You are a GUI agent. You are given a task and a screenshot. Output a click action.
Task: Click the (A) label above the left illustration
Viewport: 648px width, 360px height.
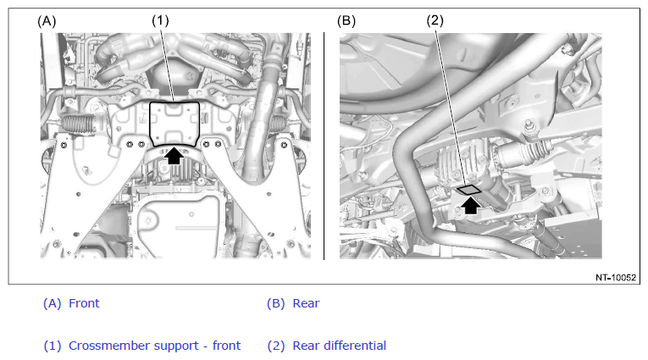(47, 21)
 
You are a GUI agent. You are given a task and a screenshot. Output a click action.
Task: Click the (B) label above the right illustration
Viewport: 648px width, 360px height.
(346, 20)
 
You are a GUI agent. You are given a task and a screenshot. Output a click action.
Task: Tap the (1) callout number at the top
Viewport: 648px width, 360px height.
(160, 20)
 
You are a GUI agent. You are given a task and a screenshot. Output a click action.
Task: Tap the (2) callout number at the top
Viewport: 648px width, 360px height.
(435, 20)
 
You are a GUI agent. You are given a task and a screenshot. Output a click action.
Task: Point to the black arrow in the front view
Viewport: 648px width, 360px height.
(174, 155)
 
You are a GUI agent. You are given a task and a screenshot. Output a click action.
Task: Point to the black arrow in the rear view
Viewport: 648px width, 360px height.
(470, 205)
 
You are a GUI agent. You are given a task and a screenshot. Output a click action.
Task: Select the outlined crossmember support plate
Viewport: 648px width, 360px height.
(174, 124)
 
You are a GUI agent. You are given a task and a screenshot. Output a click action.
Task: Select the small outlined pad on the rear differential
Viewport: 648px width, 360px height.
(469, 190)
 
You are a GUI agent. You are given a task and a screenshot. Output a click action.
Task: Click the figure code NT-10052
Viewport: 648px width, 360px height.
(615, 278)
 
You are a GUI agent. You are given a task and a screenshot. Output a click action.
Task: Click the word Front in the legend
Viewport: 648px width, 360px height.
(84, 303)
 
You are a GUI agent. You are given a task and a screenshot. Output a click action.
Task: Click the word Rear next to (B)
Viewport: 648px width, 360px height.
(306, 303)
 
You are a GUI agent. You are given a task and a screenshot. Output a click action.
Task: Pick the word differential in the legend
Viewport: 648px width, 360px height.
(355, 346)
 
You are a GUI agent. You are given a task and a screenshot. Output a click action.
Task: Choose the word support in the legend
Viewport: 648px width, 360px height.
(154, 346)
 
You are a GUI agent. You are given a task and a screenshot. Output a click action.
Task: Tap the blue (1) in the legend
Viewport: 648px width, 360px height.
(53, 346)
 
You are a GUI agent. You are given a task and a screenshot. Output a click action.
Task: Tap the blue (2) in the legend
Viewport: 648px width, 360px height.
(276, 346)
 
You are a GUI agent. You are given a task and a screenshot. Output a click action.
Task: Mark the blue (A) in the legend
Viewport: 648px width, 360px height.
(52, 303)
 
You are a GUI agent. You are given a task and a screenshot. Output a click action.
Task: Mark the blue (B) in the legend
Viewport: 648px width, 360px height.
(275, 303)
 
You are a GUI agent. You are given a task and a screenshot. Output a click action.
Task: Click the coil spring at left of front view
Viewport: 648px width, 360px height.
(78, 123)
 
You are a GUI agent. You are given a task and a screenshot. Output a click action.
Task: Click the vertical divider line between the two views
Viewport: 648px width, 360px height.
(324, 146)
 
